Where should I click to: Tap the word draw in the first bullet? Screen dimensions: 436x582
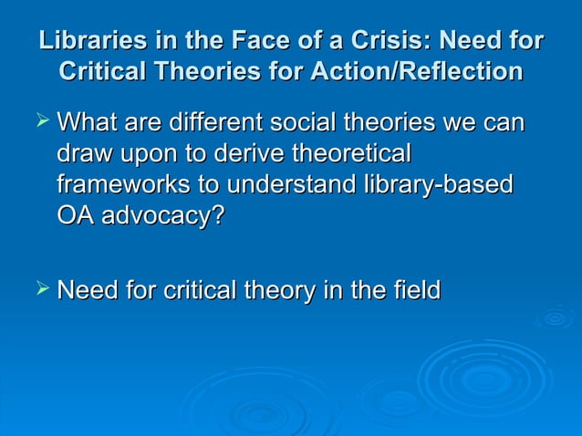(83, 153)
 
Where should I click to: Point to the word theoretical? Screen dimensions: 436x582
(352, 153)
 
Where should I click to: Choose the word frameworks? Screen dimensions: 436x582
(115, 185)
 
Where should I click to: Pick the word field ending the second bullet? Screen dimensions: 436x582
(416, 291)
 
